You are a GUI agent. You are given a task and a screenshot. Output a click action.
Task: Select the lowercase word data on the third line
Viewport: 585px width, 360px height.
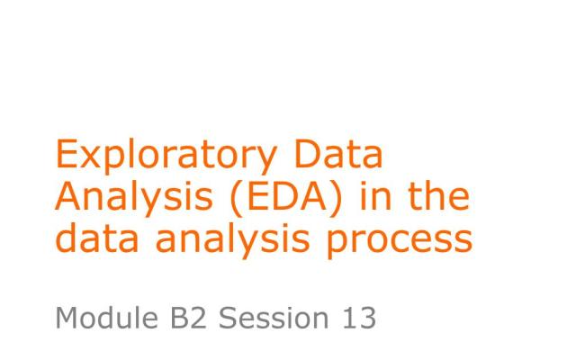click(x=90, y=238)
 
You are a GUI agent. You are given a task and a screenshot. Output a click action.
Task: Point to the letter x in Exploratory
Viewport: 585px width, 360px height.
click(x=88, y=158)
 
